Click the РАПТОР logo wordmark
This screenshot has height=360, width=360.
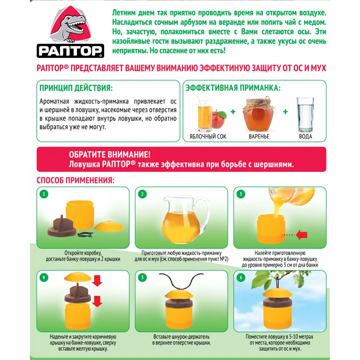click(x=70, y=51)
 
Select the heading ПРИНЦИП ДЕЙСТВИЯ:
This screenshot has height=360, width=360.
click(x=76, y=88)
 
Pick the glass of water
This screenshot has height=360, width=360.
click(x=305, y=115)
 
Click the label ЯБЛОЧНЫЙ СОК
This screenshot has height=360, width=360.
click(x=208, y=136)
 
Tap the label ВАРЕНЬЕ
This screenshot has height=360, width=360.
click(x=259, y=136)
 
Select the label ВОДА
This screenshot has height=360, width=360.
click(x=306, y=136)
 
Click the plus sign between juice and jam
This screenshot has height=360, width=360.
click(x=233, y=112)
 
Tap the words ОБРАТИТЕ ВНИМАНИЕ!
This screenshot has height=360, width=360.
click(x=110, y=154)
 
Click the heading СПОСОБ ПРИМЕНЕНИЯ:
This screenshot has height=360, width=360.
click(x=76, y=180)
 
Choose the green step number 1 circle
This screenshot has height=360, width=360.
click(x=44, y=194)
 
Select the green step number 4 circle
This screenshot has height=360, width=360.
click(x=44, y=278)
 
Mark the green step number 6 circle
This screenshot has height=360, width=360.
click(x=241, y=278)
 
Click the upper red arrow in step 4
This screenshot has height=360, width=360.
click(x=97, y=280)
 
